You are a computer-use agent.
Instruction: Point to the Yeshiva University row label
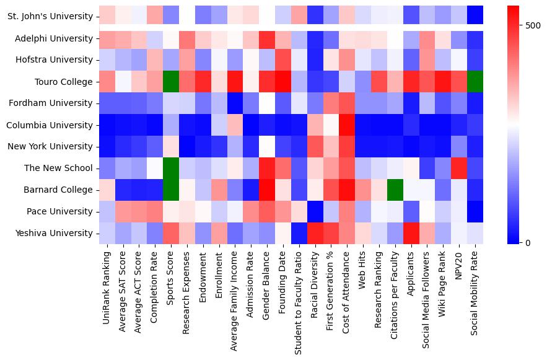click(55, 233)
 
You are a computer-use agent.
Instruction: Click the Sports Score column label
click(172, 279)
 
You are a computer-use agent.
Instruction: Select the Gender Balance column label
click(268, 283)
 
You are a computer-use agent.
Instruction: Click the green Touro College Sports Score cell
click(172, 82)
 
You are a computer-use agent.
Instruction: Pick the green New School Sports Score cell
click(172, 168)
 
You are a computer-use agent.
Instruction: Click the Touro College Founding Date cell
click(284, 82)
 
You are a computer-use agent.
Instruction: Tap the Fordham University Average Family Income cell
click(236, 103)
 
